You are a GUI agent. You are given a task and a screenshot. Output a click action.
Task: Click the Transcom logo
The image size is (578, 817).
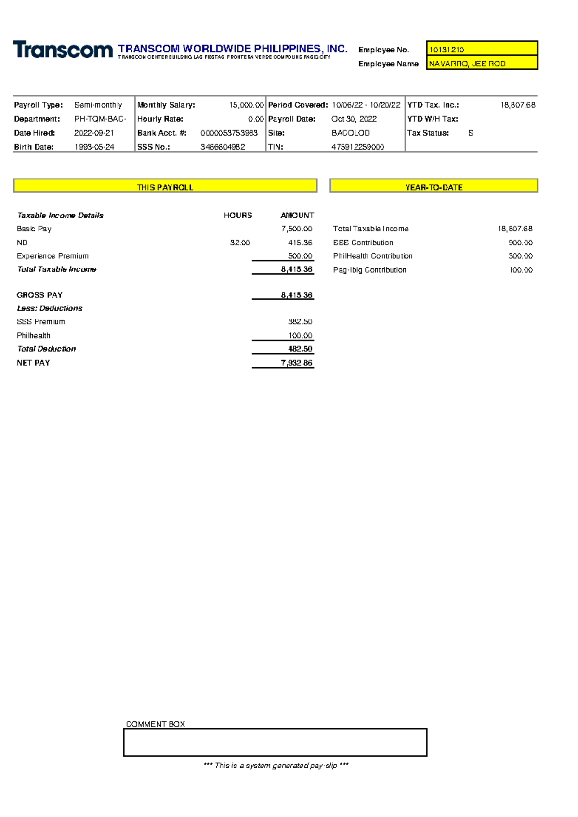63,50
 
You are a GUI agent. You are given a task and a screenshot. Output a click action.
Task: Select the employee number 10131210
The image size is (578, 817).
447,50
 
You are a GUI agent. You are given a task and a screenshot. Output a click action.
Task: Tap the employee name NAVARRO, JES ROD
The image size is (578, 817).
467,64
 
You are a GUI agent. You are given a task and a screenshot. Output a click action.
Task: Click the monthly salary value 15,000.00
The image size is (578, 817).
246,105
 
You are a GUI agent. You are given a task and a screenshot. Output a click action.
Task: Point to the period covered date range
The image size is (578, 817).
366,105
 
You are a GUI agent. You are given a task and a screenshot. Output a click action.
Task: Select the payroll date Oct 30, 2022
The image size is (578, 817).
354,119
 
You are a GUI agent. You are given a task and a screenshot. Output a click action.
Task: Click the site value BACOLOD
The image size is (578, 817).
351,133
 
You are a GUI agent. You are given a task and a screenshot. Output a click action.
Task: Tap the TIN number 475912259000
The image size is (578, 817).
358,147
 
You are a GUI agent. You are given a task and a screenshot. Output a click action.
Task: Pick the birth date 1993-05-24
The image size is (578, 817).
94,147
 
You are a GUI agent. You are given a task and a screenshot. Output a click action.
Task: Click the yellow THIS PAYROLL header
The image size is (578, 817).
165,187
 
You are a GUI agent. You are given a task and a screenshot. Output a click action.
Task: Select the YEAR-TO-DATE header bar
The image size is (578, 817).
433,187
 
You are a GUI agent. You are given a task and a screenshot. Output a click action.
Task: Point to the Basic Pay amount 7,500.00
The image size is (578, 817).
297,229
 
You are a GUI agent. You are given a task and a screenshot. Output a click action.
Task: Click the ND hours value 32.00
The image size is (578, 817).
240,243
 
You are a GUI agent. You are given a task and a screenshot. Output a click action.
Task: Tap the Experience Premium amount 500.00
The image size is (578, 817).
300,256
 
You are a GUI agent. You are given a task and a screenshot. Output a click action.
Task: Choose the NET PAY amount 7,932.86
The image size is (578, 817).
297,363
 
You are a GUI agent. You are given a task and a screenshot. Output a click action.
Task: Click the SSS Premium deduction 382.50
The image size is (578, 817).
300,321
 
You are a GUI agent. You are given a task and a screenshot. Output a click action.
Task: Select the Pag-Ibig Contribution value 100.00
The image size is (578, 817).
521,270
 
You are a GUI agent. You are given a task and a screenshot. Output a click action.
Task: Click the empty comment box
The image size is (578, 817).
275,742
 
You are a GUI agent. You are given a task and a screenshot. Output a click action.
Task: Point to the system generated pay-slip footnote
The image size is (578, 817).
276,765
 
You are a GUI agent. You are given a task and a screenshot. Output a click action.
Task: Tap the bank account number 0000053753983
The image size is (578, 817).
229,133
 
